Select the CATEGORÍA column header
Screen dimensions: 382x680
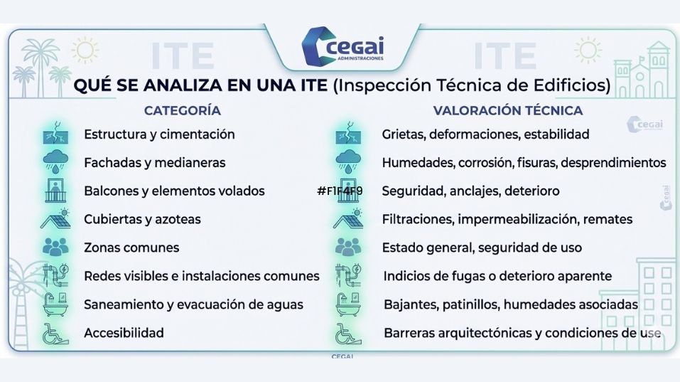tap(182, 110)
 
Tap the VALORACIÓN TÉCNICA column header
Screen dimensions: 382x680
tap(508, 110)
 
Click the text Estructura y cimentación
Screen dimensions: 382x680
tap(159, 134)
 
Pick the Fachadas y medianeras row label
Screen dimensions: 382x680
tap(154, 162)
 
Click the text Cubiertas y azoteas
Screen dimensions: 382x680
tap(142, 219)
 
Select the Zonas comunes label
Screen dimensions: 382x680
tap(131, 248)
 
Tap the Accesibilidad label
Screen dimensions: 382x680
tap(124, 332)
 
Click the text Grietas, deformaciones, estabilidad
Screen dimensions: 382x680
tap(485, 134)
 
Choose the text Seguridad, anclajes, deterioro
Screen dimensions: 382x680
tap(470, 191)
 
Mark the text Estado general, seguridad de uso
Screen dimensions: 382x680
tap(482, 248)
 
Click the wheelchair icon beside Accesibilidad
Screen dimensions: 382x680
tap(54, 332)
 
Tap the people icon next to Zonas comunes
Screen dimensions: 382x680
tap(54, 248)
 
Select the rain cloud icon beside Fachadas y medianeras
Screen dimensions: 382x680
tap(54, 162)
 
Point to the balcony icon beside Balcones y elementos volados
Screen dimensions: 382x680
tap(54, 191)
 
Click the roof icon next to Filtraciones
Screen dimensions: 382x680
tap(348, 219)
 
